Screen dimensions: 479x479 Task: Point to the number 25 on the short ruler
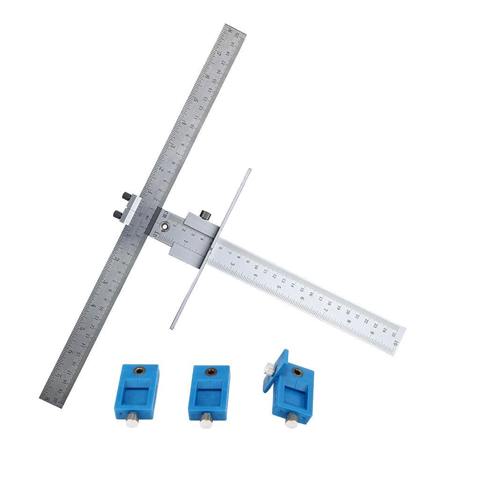click(x=394, y=333)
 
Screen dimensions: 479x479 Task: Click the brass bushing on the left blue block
click(x=139, y=370)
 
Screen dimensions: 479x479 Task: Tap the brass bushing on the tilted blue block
click(x=296, y=373)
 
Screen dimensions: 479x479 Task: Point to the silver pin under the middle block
click(x=205, y=423)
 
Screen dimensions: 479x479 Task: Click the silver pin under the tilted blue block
click(x=291, y=422)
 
